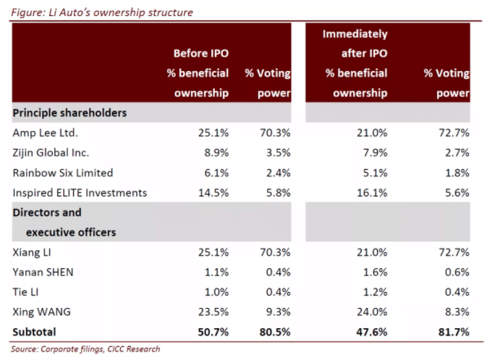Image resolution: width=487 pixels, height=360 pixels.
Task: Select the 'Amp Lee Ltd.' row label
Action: point(45,133)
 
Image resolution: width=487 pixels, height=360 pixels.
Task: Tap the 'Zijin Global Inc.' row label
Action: point(51,153)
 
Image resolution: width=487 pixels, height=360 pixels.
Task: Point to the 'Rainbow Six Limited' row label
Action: point(63,173)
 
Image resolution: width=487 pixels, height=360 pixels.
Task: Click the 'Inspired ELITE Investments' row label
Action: point(80,192)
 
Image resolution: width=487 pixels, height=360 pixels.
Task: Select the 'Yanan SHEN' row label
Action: point(43,272)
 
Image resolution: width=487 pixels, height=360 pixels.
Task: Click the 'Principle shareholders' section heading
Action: point(69,113)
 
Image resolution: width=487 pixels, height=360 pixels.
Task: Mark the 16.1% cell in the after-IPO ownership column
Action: point(370,192)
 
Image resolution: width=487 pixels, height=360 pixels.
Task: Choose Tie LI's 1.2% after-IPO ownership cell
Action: point(373,291)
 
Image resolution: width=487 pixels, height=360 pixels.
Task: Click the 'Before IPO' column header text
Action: point(200,53)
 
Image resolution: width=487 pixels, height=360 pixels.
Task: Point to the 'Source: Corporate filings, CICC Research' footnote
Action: point(86,349)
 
